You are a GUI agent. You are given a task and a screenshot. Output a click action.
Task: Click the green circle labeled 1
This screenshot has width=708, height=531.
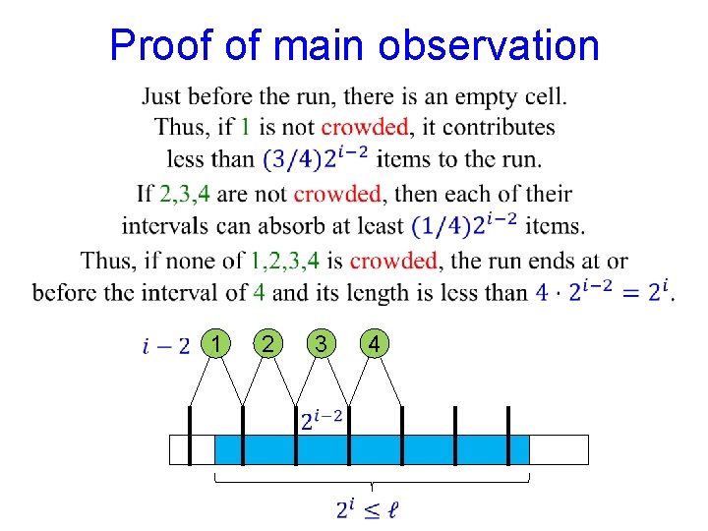coord(215,343)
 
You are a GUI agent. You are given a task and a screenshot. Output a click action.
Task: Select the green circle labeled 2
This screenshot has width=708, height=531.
coord(267,343)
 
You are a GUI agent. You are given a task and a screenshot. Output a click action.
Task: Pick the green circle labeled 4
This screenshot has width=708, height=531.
coord(373,343)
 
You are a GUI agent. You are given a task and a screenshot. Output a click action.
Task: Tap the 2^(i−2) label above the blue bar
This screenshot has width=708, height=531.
coord(321,419)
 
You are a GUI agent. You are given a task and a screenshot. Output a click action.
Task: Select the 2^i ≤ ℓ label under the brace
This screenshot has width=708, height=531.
coord(367,508)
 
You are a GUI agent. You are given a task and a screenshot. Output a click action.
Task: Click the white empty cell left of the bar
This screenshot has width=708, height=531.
coord(192,449)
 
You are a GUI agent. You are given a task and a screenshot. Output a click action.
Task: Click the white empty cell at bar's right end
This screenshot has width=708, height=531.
coord(559,449)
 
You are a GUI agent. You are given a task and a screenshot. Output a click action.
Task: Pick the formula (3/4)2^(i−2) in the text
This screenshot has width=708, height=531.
coord(315,158)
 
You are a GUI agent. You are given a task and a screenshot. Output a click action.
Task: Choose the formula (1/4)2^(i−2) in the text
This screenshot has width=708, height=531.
coord(464,225)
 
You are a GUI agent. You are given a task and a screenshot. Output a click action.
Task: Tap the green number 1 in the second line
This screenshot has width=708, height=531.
coord(246,127)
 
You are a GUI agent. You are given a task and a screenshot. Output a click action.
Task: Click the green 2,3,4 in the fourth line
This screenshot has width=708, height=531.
coord(188,194)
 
